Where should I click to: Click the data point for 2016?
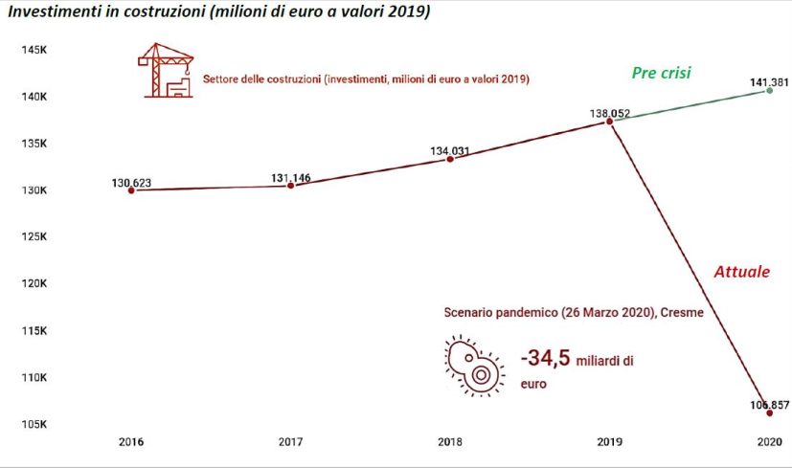point(131,190)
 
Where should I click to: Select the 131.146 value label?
point(291,177)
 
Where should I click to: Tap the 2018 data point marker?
point(450,159)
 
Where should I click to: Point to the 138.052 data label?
point(610,114)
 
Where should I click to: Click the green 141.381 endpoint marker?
point(770,91)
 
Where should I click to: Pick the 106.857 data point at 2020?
point(769,413)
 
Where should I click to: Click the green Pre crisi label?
point(661,73)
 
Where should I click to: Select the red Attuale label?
point(741,272)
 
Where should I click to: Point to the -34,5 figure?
point(544,359)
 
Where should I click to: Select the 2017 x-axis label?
point(291,443)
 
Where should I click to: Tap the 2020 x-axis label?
point(769,443)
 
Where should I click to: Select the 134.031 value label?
point(450,150)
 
